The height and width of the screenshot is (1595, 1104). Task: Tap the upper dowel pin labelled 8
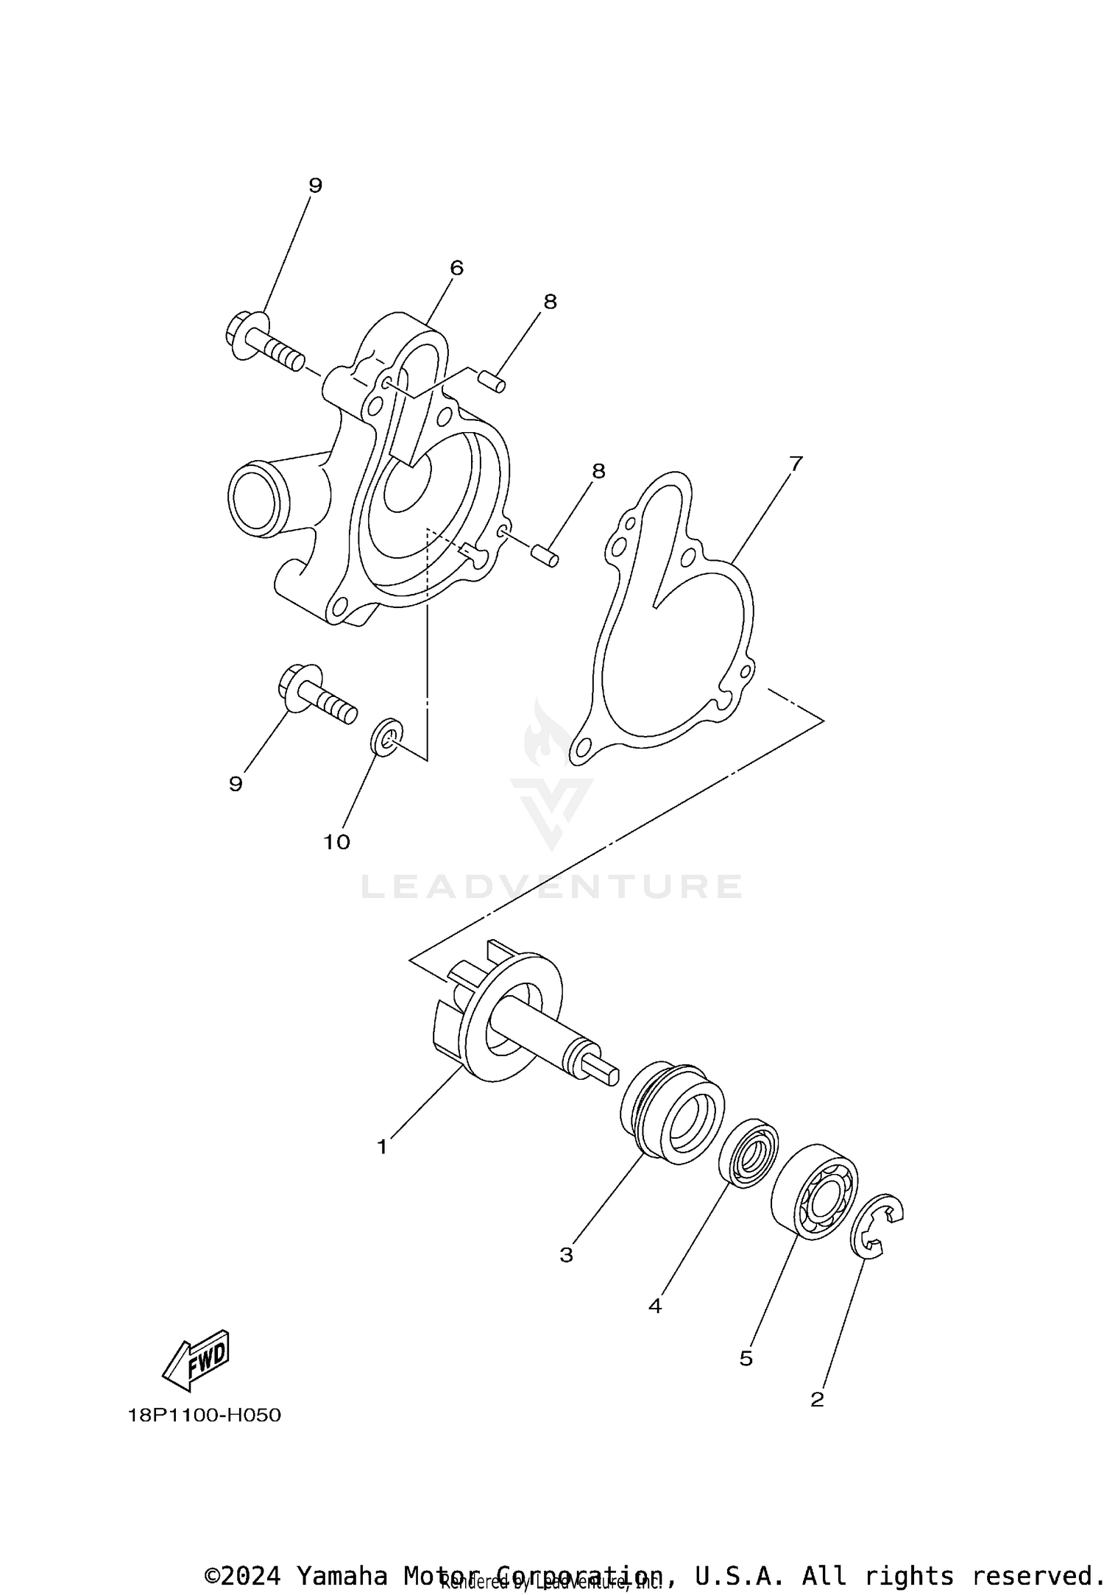tap(489, 382)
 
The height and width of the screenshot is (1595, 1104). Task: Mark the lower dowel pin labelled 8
tap(545, 557)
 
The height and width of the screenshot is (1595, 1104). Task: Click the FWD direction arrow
tap(197, 1360)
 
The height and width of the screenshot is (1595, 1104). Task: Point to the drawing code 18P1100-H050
tap(205, 1415)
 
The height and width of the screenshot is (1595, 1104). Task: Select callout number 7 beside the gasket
tap(795, 464)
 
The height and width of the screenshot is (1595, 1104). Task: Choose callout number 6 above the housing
tap(456, 268)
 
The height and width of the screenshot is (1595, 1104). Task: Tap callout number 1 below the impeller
tap(382, 1147)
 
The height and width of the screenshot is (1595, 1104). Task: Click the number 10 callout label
tap(337, 842)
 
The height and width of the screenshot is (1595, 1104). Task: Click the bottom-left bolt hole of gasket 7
tap(583, 748)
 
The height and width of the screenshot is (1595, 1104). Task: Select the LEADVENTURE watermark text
tap(551, 886)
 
